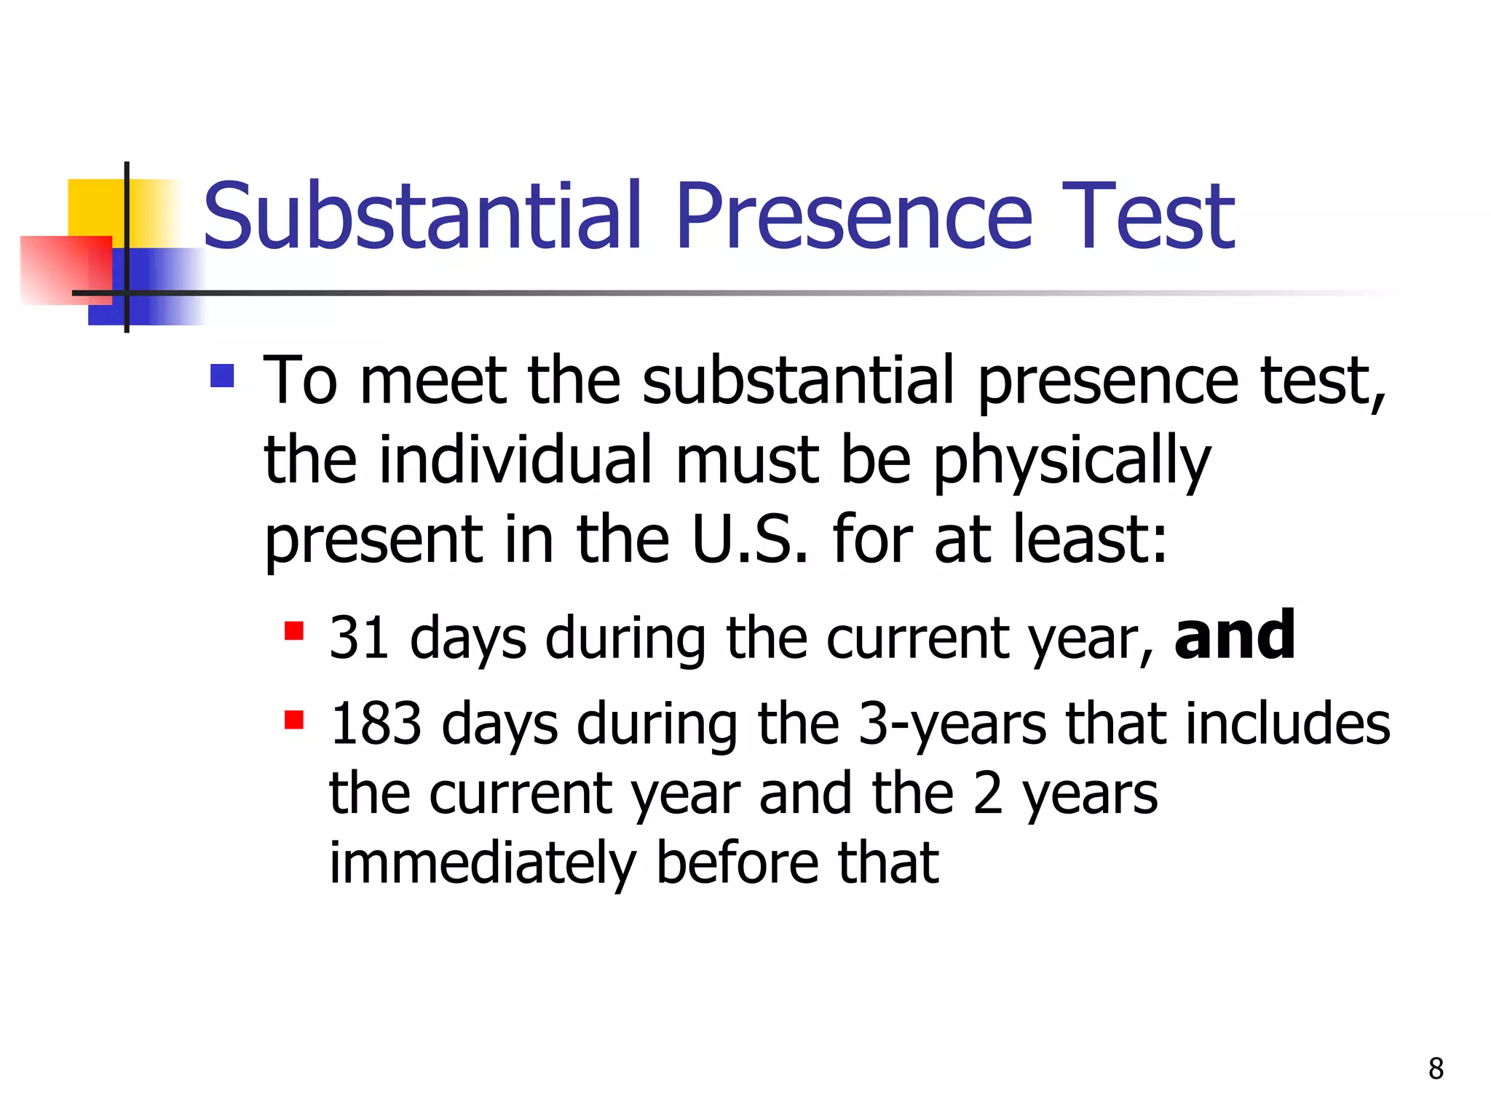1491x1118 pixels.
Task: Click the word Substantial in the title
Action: (x=422, y=216)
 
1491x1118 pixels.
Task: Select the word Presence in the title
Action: (x=853, y=216)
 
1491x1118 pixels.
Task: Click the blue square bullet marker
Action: (x=222, y=376)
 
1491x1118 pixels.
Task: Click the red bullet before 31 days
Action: (x=294, y=630)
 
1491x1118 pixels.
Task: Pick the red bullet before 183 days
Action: (x=294, y=720)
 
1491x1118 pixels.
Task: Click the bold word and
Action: (x=1235, y=635)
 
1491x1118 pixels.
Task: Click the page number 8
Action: (x=1436, y=1069)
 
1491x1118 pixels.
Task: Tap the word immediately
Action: (x=483, y=865)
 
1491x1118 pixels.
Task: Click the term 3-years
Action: (x=952, y=725)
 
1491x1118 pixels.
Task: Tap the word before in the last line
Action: (x=737, y=863)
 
